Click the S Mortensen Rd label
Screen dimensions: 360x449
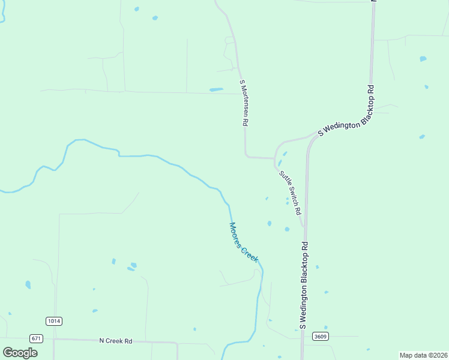point(244,103)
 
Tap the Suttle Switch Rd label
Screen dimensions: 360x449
point(289,193)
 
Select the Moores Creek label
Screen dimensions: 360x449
point(244,242)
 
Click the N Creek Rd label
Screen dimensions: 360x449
point(115,341)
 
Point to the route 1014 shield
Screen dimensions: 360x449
point(54,321)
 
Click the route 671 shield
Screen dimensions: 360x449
point(37,338)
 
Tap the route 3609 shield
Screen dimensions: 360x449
point(321,337)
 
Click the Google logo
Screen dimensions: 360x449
point(20,352)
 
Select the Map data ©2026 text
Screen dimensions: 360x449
point(423,355)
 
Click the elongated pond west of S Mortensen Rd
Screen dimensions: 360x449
point(216,90)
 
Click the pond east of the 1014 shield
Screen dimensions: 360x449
point(95,311)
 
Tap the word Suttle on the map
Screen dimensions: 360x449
point(282,177)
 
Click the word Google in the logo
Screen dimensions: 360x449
point(20,352)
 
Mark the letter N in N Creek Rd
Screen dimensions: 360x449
point(101,341)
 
